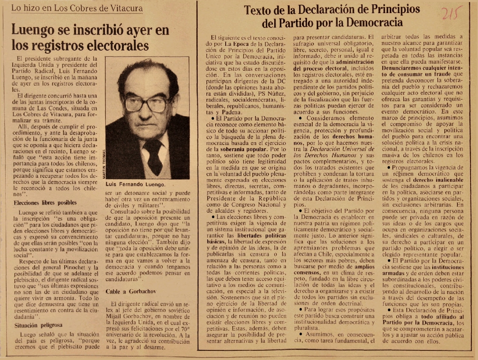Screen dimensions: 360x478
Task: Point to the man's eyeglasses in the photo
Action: (146, 104)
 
